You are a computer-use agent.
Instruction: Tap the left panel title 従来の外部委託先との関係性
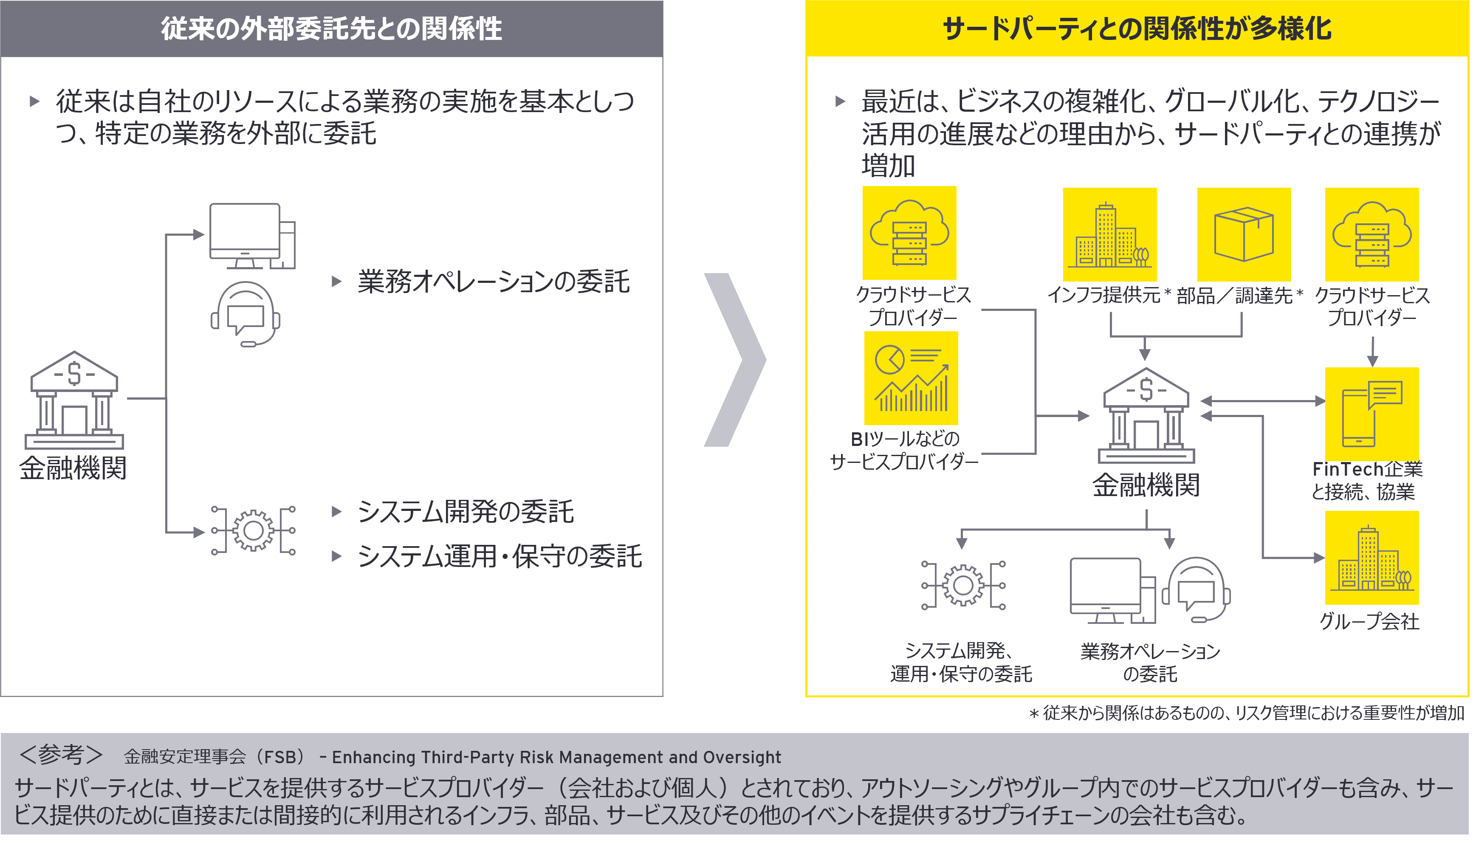coord(331,28)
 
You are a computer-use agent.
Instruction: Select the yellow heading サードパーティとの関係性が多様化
coord(1137,28)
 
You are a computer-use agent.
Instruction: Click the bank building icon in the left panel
coord(74,400)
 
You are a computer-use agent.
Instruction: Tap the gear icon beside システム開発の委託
coord(253,530)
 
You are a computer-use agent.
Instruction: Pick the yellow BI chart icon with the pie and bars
coord(911,378)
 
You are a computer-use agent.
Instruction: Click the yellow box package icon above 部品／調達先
coord(1244,234)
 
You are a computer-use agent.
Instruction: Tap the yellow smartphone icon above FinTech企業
coord(1372,414)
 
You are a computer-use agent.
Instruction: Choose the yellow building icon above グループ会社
coord(1372,558)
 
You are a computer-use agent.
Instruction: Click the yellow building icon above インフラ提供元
coord(1109,234)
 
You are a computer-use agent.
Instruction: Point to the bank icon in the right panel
coord(1146,415)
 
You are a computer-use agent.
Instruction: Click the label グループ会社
coord(1369,621)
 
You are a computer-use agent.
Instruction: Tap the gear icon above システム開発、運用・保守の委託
coord(963,585)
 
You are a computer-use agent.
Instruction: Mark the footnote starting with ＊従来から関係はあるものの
coord(1246,713)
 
